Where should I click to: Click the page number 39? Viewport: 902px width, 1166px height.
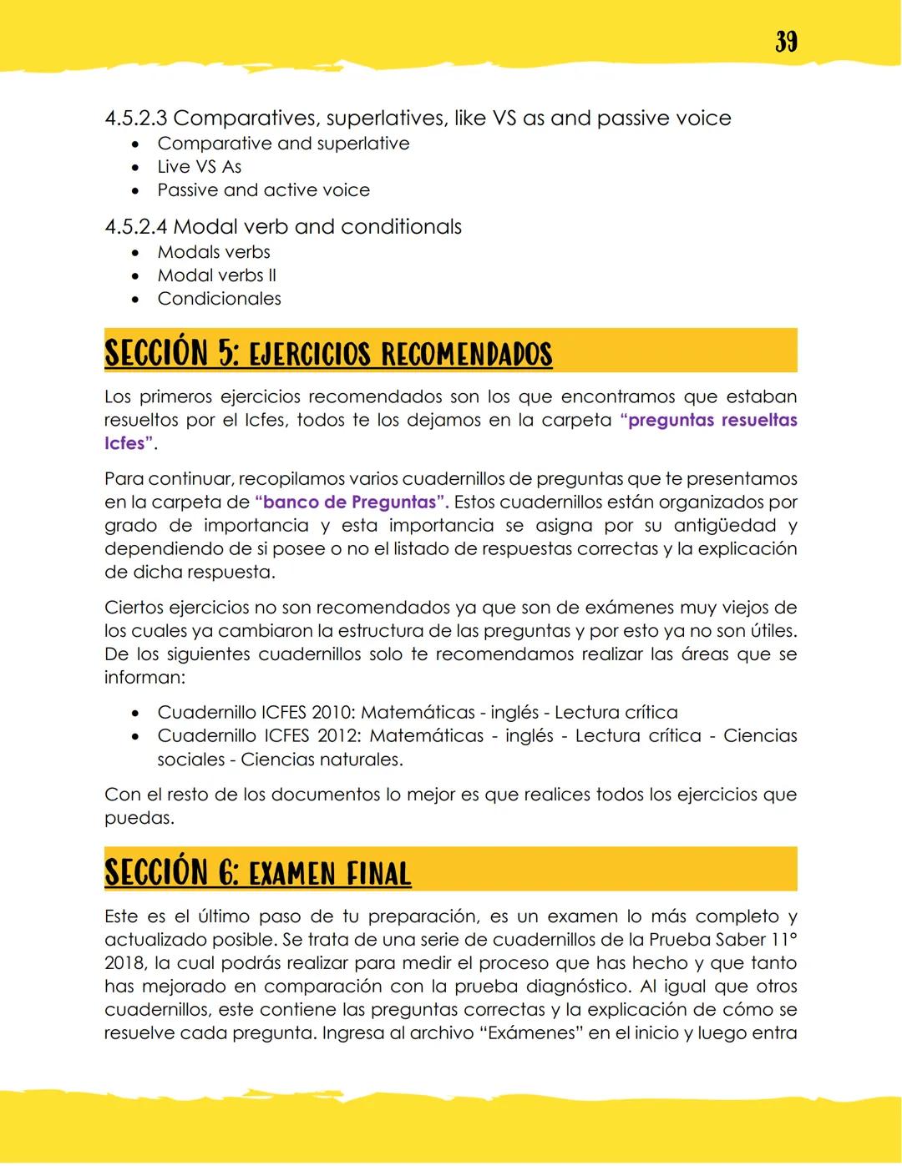(x=785, y=41)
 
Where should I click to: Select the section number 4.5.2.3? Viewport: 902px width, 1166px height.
(x=135, y=119)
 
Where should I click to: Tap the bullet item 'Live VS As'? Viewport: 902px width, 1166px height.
(x=199, y=167)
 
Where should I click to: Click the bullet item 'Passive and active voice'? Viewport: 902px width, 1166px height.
(x=263, y=190)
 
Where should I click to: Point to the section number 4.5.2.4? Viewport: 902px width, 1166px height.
(x=135, y=227)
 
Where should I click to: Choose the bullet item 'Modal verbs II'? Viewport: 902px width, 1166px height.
(x=216, y=275)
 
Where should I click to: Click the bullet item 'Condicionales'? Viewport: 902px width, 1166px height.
(x=219, y=299)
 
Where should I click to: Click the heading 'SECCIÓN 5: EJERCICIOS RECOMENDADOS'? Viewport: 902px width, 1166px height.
(x=328, y=354)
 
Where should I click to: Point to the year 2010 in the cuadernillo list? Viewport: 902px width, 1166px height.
(x=332, y=713)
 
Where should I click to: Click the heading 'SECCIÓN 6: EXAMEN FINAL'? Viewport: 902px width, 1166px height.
(x=257, y=873)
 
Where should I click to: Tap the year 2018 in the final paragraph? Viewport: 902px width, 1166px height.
(x=124, y=963)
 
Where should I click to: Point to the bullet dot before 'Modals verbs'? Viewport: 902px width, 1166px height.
(x=135, y=253)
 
